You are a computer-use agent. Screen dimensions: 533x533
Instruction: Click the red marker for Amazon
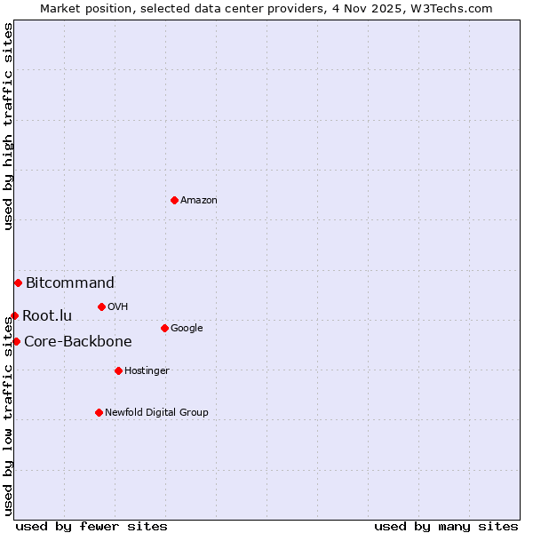coord(174,200)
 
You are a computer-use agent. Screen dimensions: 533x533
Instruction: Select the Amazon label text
coord(199,201)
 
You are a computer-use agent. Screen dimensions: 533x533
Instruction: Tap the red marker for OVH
coord(101,306)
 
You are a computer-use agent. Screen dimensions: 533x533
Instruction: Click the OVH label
coord(118,307)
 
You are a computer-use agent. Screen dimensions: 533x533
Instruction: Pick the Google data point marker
coord(164,328)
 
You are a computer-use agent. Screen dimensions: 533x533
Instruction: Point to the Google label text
coord(187,329)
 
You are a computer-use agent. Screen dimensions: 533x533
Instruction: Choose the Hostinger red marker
coord(118,370)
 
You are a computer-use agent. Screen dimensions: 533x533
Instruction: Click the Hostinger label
coord(147,371)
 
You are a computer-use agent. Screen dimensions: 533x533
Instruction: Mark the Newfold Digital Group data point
coord(99,412)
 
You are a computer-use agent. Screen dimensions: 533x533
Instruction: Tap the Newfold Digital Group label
coord(156,413)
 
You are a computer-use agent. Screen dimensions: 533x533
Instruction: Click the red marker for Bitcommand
coord(18,282)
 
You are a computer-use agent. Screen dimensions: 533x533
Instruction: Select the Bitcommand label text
coord(70,283)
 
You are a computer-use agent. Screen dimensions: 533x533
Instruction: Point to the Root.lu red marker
coord(14,315)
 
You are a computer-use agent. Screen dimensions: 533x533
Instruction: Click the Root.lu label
coord(47,315)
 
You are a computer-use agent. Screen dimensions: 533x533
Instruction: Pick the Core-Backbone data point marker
coord(16,341)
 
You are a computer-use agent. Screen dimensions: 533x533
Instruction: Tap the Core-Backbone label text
coord(78,342)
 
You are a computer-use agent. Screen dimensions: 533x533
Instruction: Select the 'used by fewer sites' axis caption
coord(91,526)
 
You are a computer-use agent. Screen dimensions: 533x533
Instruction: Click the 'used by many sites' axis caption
coord(446,526)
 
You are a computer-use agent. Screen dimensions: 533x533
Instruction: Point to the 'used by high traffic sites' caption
coord(9,126)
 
